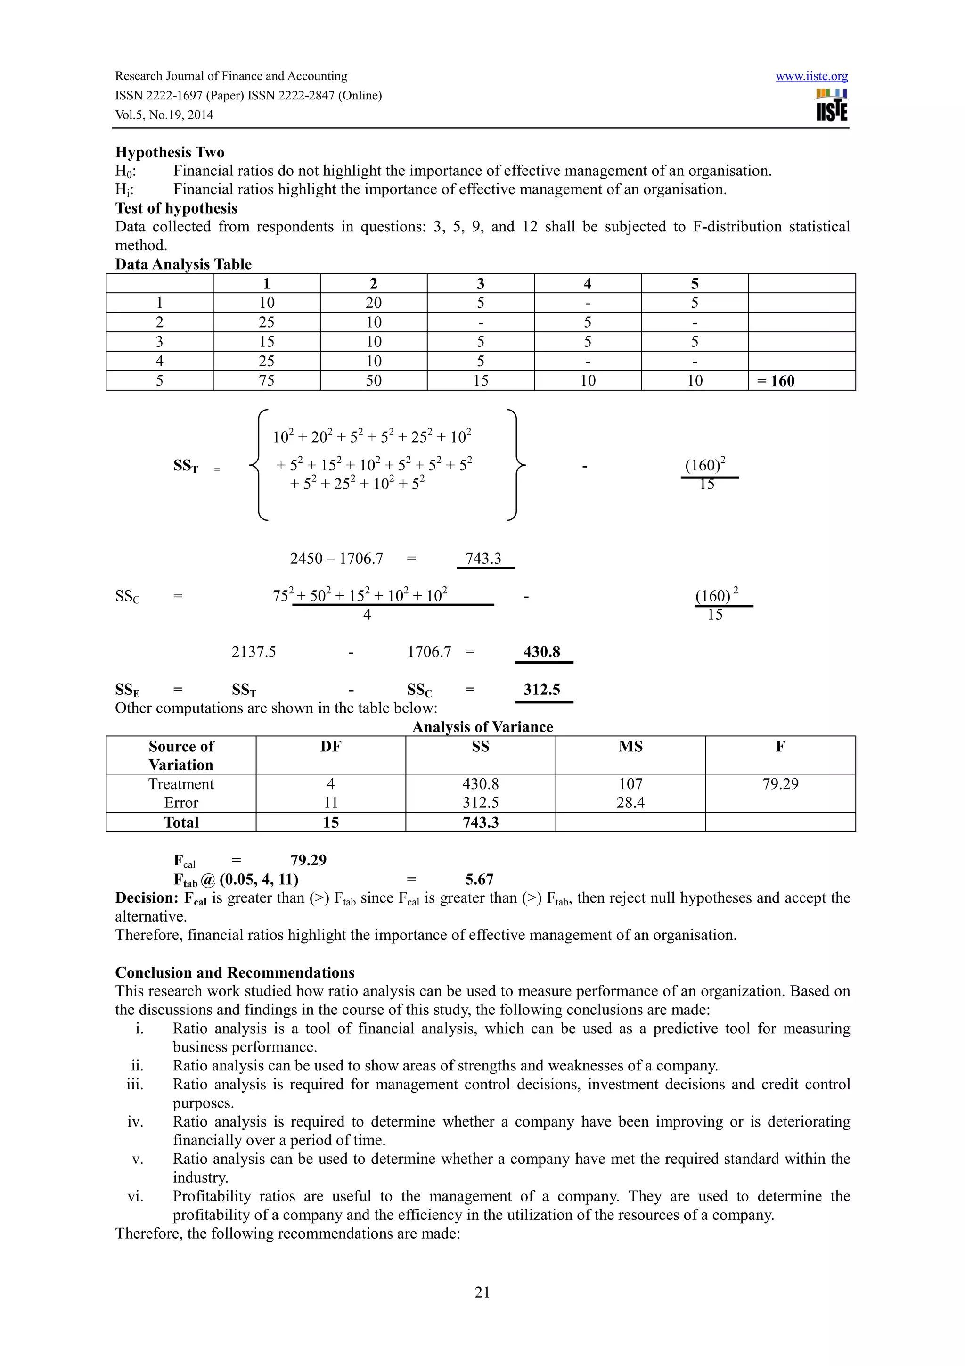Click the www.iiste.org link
pyautogui.click(x=811, y=76)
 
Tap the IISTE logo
pyautogui.click(x=832, y=105)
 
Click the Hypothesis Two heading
pyautogui.click(x=170, y=152)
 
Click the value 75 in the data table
pyautogui.click(x=266, y=381)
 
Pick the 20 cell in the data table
pyautogui.click(x=373, y=303)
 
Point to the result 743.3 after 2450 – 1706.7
pyautogui.click(x=483, y=559)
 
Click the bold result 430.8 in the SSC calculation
pyautogui.click(x=542, y=651)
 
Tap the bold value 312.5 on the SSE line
pyautogui.click(x=542, y=690)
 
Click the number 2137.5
pyautogui.click(x=254, y=652)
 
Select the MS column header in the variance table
pyautogui.click(x=630, y=747)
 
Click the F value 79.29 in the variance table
pyautogui.click(x=780, y=784)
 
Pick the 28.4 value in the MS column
pyautogui.click(x=630, y=803)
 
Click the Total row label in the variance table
pyautogui.click(x=181, y=823)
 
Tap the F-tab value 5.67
pyautogui.click(x=479, y=880)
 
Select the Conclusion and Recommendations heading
pyautogui.click(x=235, y=973)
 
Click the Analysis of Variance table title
pyautogui.click(x=482, y=727)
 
